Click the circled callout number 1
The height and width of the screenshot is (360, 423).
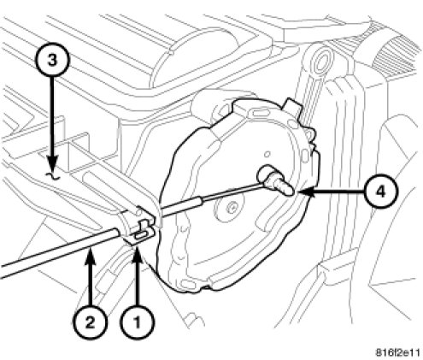[x=137, y=322]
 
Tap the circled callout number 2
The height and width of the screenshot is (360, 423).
[x=90, y=322]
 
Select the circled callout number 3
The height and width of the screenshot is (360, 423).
[x=52, y=61]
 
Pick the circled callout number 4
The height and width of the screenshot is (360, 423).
[x=381, y=192]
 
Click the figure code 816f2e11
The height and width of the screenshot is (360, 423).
[x=397, y=352]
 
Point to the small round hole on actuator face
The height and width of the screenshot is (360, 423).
[x=267, y=155]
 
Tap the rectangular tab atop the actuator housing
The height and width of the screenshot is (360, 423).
[x=292, y=105]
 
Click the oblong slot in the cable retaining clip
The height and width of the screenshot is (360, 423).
[x=141, y=236]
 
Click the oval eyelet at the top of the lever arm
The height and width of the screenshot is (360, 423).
[x=322, y=62]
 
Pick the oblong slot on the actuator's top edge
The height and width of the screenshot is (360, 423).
[x=259, y=113]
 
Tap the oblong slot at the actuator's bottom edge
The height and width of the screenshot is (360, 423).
[x=187, y=284]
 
